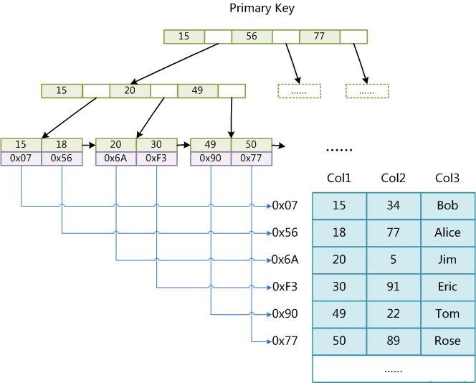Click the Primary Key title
pyautogui.click(x=262, y=9)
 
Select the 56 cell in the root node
pyautogui.click(x=252, y=37)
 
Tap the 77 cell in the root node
pyautogui.click(x=319, y=37)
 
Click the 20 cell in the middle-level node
pyautogui.click(x=130, y=91)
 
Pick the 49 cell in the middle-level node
pyautogui.click(x=197, y=91)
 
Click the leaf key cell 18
pyautogui.click(x=61, y=145)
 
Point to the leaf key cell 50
pyautogui.click(x=251, y=145)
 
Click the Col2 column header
pyautogui.click(x=394, y=179)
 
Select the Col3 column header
pyautogui.click(x=447, y=179)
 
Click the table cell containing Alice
pyautogui.click(x=447, y=232)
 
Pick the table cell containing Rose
pyautogui.click(x=447, y=341)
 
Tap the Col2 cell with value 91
pyautogui.click(x=394, y=287)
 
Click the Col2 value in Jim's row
pyautogui.click(x=394, y=260)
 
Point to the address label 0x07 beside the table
pyautogui.click(x=285, y=206)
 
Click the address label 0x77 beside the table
pyautogui.click(x=285, y=341)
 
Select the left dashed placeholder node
pyautogui.click(x=299, y=91)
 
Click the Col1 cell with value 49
pyautogui.click(x=339, y=313)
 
